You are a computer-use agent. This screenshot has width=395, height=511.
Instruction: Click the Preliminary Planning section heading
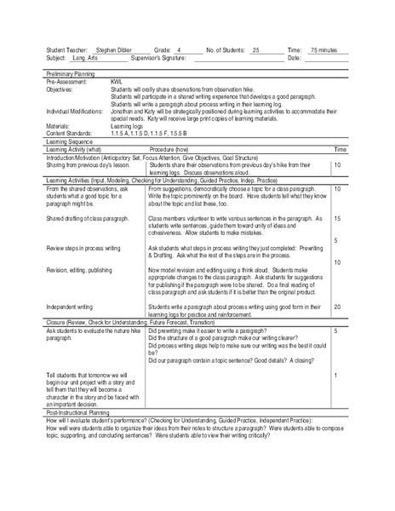click(73, 75)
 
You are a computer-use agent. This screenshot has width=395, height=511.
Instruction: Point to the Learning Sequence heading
click(69, 142)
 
